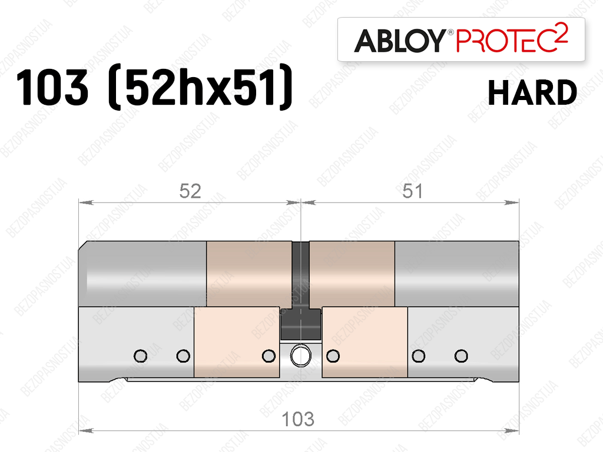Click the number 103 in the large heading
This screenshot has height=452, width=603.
52,87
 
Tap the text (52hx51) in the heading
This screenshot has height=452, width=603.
200,87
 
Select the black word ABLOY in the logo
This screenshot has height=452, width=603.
400,41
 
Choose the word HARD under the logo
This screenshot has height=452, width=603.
532,92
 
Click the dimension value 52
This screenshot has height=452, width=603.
190,191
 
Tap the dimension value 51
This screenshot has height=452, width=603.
412,191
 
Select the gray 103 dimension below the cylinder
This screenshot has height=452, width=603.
298,419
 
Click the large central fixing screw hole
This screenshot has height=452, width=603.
301,355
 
